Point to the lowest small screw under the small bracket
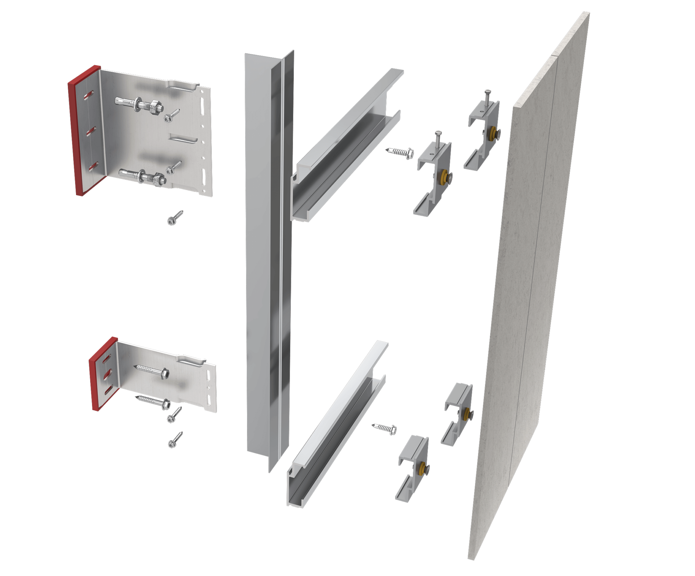[175, 440]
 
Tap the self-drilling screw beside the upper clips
[400, 152]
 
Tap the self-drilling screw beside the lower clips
[385, 428]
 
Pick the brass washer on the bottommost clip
[422, 470]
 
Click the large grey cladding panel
[529, 288]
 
